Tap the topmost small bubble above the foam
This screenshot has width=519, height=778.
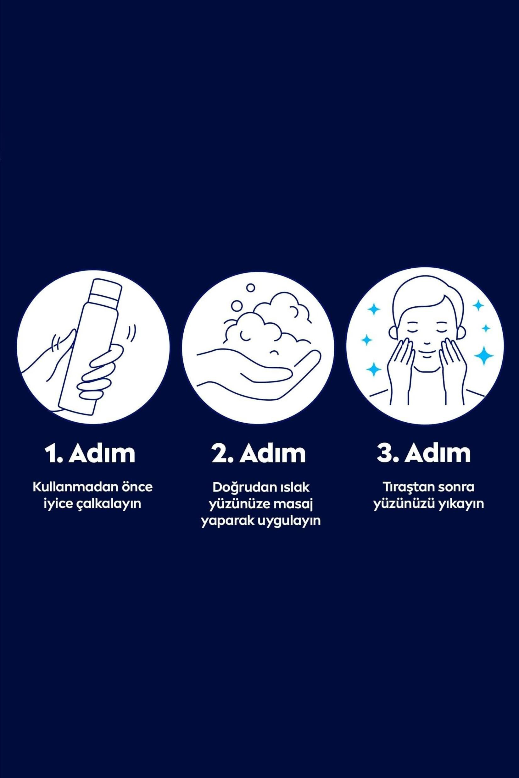[x=251, y=287]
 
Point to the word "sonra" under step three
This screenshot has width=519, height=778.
[x=457, y=487]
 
